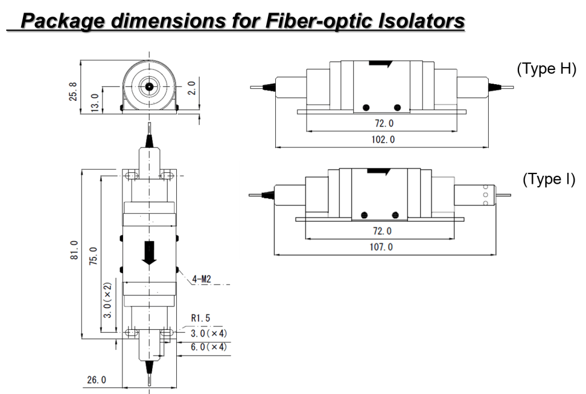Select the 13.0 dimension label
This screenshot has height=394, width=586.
click(96, 101)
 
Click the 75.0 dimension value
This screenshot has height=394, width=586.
click(94, 255)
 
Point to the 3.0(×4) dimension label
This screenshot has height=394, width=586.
click(209, 333)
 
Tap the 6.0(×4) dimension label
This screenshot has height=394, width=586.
click(209, 347)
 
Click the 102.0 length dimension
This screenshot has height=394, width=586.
click(383, 139)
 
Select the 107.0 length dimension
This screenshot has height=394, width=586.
click(381, 247)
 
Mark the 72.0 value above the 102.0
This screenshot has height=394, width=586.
click(383, 123)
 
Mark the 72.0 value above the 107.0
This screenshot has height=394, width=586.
click(382, 231)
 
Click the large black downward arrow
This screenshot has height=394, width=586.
click(149, 253)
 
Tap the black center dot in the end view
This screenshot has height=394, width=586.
click(149, 86)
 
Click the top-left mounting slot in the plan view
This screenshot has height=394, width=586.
click(131, 175)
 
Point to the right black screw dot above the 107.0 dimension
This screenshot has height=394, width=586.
click(395, 215)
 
